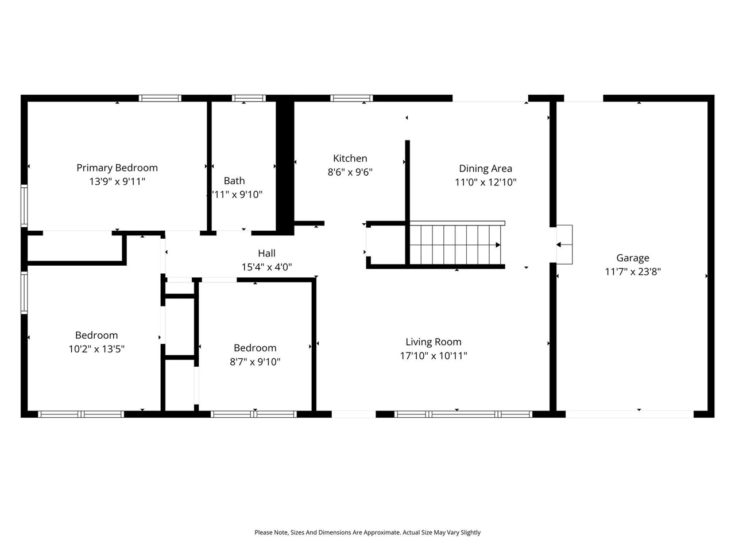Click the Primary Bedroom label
[117, 168]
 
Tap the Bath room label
[234, 181]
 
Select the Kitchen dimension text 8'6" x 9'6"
[350, 172]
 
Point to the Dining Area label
[485, 168]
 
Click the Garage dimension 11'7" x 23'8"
[633, 271]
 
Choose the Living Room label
[434, 342]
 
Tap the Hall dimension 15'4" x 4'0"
[266, 267]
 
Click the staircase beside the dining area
[457, 245]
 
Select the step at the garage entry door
[564, 245]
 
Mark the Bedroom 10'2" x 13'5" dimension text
[96, 349]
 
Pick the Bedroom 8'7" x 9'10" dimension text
[255, 362]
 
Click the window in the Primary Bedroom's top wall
[160, 98]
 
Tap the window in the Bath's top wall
[249, 98]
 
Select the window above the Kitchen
[351, 98]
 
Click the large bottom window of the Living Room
[463, 414]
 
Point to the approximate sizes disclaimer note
[367, 533]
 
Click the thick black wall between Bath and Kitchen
[285, 166]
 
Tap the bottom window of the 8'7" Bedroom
[253, 414]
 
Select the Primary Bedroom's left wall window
[24, 205]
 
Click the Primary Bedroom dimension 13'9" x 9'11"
[117, 181]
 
